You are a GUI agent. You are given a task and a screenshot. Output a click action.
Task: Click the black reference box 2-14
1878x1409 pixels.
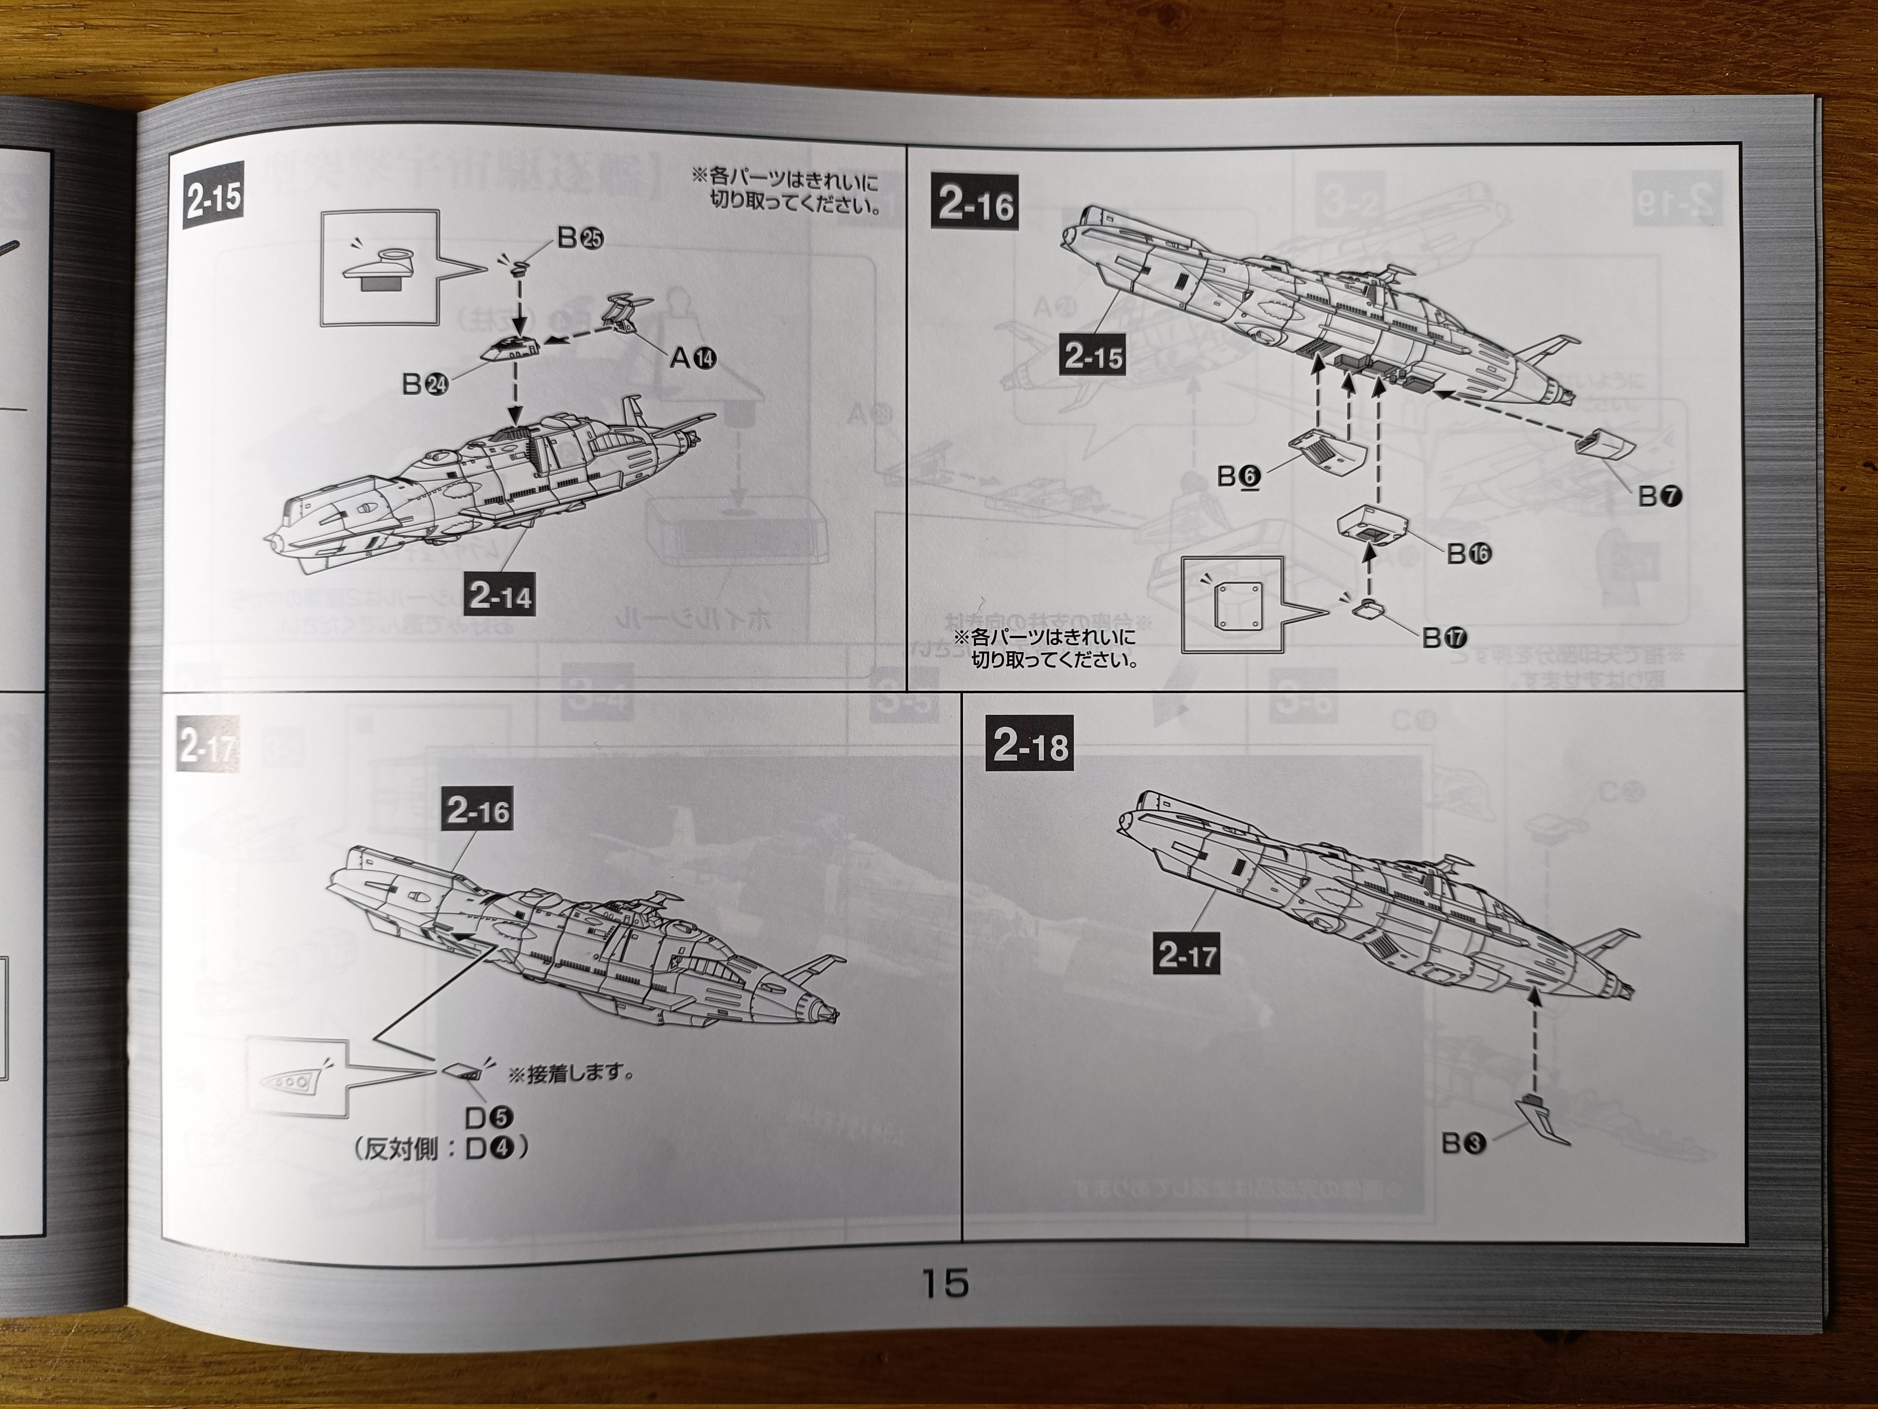[499, 596]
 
